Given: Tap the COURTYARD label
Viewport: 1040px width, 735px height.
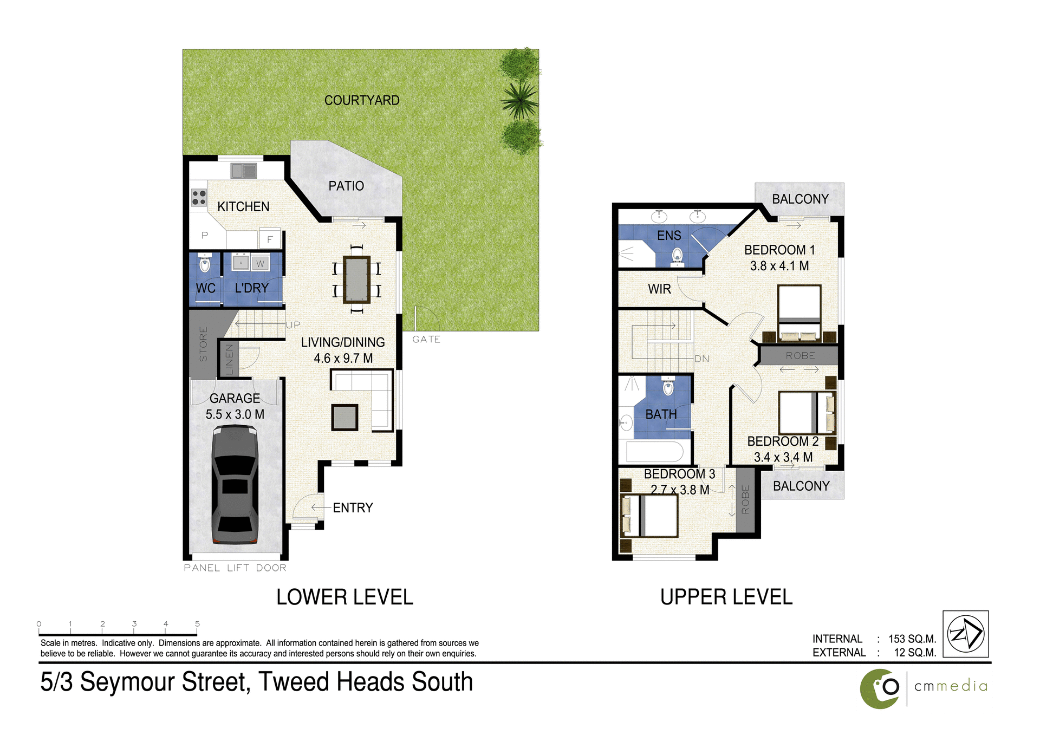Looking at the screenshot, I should click(x=362, y=100).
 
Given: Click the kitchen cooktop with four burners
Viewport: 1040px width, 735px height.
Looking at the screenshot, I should click(x=199, y=198).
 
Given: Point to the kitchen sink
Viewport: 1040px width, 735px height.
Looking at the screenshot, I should click(x=244, y=171).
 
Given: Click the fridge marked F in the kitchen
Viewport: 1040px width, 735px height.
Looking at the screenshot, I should click(x=270, y=239).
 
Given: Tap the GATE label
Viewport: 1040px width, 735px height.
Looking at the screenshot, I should click(x=426, y=340).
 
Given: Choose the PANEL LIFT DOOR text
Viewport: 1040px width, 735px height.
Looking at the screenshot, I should click(x=235, y=568).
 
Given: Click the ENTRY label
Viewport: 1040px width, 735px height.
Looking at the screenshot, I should click(x=353, y=508).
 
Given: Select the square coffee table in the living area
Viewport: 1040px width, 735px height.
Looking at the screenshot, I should click(x=344, y=418).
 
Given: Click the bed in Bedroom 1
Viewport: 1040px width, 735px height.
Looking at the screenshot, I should click(x=799, y=314).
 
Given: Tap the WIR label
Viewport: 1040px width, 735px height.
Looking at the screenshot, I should click(x=659, y=289).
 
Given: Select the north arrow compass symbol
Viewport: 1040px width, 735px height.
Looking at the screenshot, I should click(x=965, y=634).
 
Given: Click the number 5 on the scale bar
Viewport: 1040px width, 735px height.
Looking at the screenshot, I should click(x=197, y=624).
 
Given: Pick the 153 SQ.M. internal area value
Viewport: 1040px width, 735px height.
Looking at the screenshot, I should click(x=912, y=639).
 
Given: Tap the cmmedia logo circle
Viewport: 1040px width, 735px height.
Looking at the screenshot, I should click(x=880, y=688).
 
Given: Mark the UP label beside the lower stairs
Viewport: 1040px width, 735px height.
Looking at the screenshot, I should click(x=293, y=325).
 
